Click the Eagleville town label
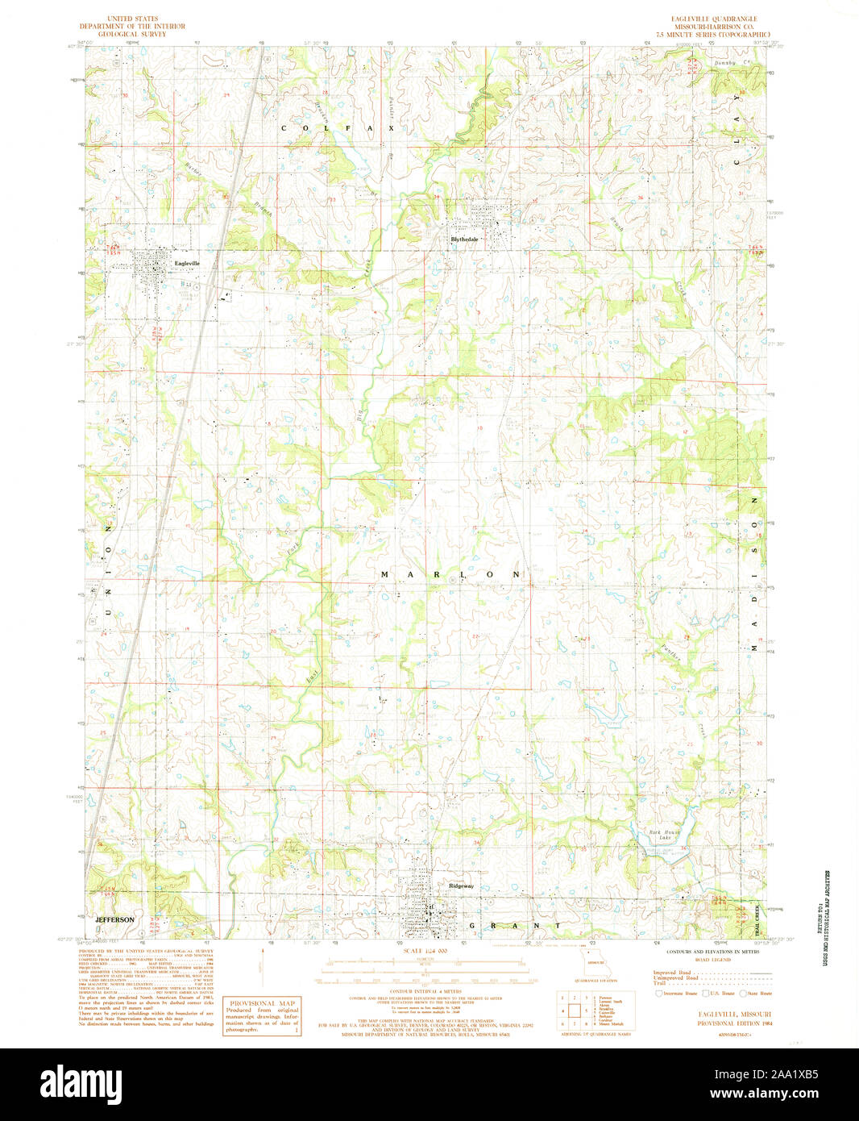tap(186, 263)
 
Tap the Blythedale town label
tap(464, 240)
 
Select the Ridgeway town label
tap(461, 886)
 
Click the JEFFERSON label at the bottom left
tap(114, 919)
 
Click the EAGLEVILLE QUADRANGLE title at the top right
tap(713, 19)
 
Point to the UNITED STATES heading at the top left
tap(132, 19)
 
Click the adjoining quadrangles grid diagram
tap(574, 1009)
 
